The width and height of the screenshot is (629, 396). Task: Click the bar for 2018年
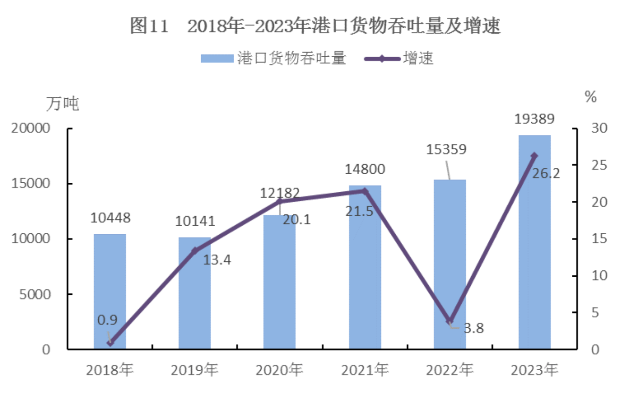110,292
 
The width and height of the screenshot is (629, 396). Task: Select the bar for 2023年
534,257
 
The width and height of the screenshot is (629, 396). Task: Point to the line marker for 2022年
449,321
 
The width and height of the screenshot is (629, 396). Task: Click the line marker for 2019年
195,251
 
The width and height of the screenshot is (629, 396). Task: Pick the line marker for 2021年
365,191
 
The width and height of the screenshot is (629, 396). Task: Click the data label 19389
534,119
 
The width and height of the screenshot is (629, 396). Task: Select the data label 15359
446,149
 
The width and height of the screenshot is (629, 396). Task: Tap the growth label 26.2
546,173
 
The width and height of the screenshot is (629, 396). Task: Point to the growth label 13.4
217,260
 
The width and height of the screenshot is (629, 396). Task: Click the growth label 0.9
107,320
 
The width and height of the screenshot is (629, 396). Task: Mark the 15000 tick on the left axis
30,184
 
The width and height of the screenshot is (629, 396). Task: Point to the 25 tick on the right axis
599,165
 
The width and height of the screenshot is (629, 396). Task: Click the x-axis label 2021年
365,370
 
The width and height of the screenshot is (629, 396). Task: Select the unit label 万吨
63,104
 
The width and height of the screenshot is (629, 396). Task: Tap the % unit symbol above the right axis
591,97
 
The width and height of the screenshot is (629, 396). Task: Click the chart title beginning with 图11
315,26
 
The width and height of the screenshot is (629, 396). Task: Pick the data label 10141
195,221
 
